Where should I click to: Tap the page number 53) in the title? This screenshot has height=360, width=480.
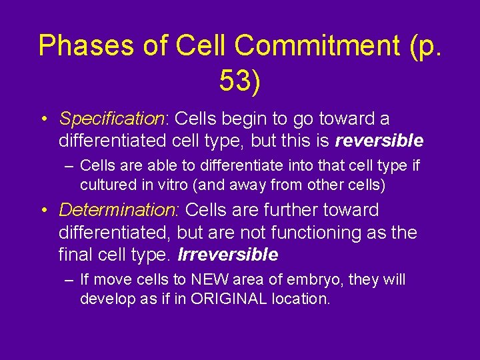click(240, 80)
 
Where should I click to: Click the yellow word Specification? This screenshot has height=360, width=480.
click(113, 119)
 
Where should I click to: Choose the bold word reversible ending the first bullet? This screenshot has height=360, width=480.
click(379, 141)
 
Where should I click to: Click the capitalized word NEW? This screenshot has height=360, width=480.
click(209, 280)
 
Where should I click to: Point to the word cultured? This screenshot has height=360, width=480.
click(105, 185)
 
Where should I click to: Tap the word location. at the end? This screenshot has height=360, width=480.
click(303, 299)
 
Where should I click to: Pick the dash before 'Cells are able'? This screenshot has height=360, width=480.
click(69, 165)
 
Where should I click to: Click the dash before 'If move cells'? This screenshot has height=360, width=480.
click(69, 280)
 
